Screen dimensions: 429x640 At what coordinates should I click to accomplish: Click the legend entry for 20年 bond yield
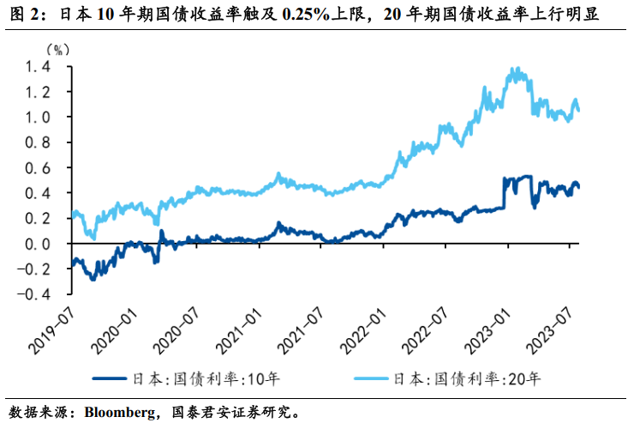click(x=468, y=377)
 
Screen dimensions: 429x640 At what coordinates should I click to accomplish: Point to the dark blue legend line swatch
click(x=114, y=377)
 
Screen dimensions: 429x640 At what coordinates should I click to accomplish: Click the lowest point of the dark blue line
click(x=93, y=279)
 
